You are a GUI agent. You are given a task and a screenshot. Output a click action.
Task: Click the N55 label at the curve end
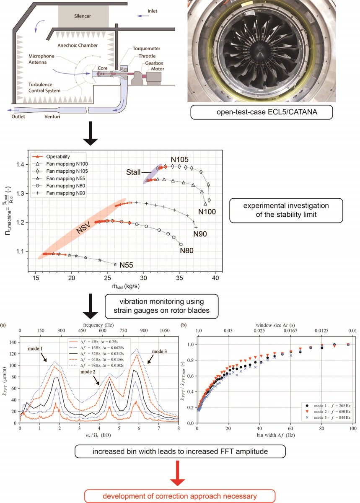(x=127, y=265)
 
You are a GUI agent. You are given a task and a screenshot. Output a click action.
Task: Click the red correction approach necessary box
(x=180, y=496)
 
